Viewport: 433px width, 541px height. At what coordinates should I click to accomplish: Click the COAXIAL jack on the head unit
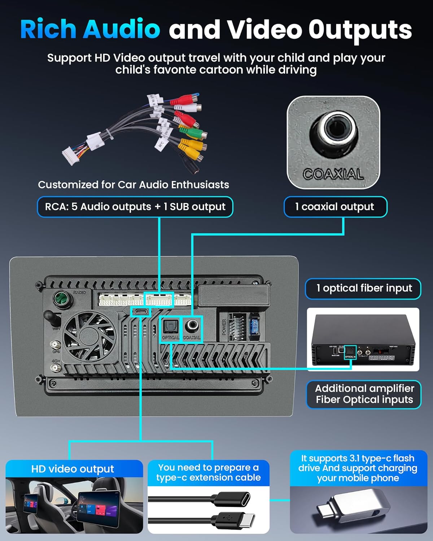coord(191,326)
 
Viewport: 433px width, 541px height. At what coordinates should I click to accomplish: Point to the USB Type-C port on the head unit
coord(141,312)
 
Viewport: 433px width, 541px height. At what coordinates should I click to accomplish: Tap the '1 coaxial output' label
coord(335,207)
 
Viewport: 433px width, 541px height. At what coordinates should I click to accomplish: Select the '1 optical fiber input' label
coord(363,289)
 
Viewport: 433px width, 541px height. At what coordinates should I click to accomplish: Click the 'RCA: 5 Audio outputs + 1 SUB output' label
coord(135,207)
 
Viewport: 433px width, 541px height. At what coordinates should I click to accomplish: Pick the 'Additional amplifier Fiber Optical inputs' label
coord(364,394)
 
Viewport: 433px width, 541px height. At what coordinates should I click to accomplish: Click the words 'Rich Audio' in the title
coord(90,30)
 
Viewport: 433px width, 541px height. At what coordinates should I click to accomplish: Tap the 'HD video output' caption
coord(73,469)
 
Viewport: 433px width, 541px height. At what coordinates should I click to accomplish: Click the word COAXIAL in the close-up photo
coord(333,175)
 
